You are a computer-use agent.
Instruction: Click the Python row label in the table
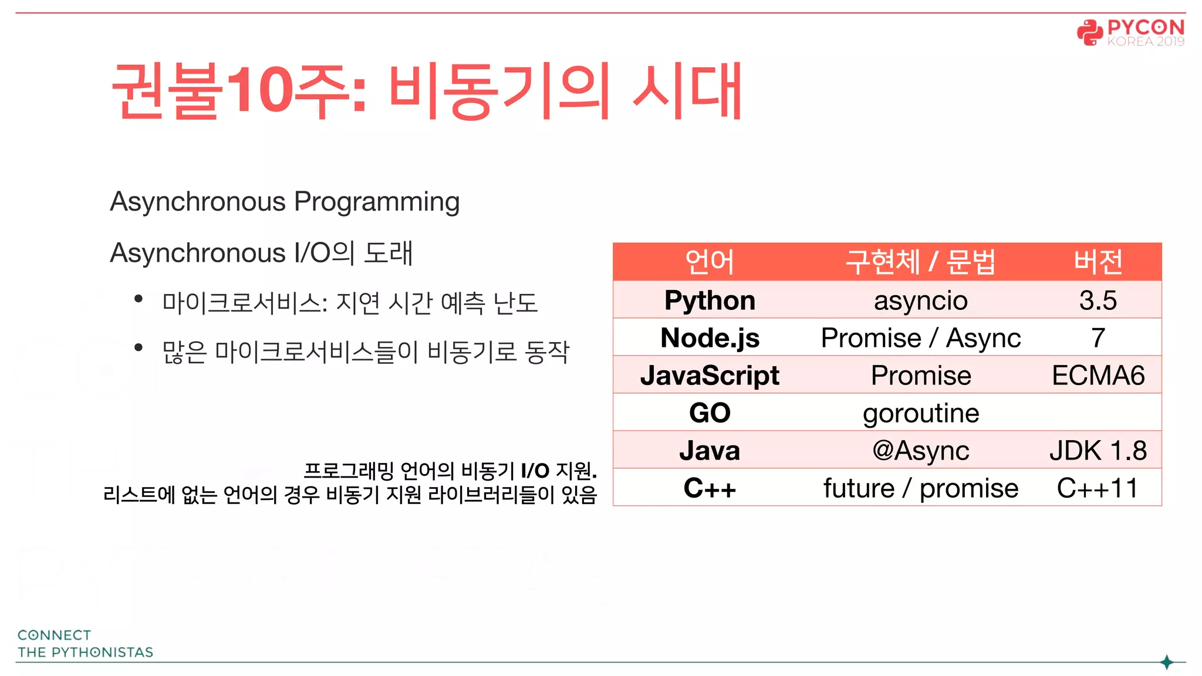click(x=710, y=300)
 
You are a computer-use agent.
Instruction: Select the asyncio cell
click(x=920, y=301)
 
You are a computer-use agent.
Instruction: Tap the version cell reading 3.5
click(x=1098, y=300)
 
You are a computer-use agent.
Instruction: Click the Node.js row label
click(x=710, y=338)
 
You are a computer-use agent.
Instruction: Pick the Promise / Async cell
click(x=920, y=338)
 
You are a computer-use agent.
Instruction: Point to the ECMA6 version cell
click(x=1098, y=376)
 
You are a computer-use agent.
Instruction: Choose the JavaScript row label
click(x=710, y=376)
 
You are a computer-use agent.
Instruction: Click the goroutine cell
click(x=920, y=414)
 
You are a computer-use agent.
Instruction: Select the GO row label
click(x=710, y=413)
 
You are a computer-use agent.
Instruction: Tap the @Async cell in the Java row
click(x=920, y=451)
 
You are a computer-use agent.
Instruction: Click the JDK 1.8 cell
click(x=1098, y=451)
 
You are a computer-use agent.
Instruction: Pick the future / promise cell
click(x=920, y=488)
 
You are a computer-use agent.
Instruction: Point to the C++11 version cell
click(x=1098, y=488)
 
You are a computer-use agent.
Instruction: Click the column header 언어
click(x=710, y=262)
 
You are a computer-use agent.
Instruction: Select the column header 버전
click(x=1098, y=262)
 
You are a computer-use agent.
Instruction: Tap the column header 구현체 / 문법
click(x=920, y=262)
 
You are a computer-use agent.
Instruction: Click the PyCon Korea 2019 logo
click(x=1130, y=32)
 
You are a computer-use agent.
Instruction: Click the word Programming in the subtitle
click(x=376, y=202)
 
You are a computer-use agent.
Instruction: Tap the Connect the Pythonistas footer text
click(x=85, y=644)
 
